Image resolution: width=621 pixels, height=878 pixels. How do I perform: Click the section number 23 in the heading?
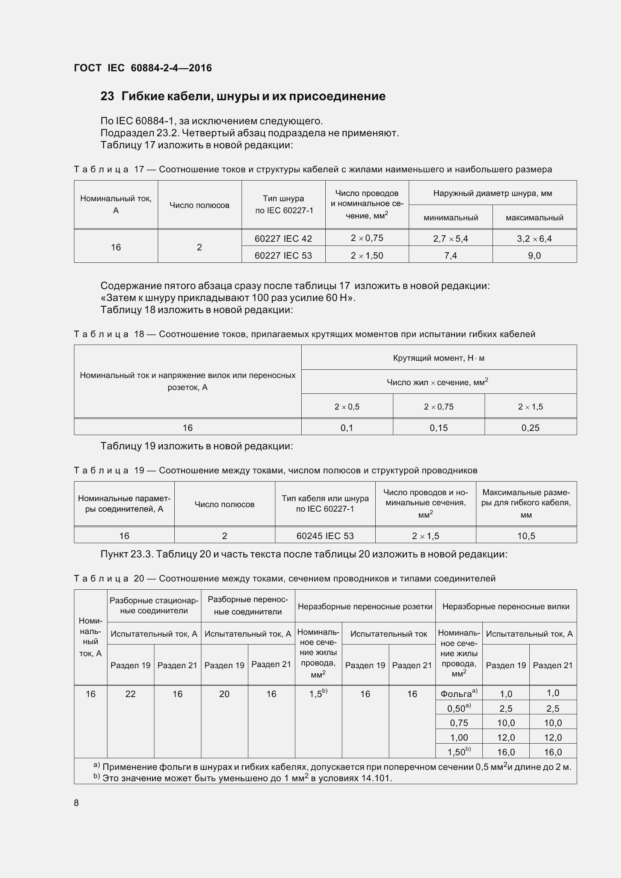click(107, 96)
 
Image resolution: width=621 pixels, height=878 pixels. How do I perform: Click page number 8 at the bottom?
click(76, 803)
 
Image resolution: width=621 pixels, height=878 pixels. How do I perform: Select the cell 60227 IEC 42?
click(283, 239)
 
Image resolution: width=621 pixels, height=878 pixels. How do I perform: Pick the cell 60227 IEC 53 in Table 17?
click(283, 256)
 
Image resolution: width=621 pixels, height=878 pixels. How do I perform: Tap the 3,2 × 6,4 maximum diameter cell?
click(534, 239)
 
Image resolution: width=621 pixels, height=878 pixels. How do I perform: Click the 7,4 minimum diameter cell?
click(450, 256)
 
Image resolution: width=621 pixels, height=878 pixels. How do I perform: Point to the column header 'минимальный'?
click(450, 218)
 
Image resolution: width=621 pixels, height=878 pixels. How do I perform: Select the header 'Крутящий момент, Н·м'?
click(438, 358)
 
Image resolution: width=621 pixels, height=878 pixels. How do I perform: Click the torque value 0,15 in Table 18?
click(438, 428)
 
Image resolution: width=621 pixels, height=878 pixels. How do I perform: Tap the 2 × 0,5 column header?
click(347, 407)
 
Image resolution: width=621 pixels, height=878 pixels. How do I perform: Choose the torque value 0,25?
click(530, 428)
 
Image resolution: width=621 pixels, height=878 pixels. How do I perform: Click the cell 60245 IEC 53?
click(325, 536)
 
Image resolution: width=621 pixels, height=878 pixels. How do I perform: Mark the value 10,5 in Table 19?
click(526, 536)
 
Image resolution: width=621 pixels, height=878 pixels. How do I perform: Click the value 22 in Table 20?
click(130, 694)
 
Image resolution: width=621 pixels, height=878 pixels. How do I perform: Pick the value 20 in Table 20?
click(224, 694)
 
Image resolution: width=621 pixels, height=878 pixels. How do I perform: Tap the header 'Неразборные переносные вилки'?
click(506, 606)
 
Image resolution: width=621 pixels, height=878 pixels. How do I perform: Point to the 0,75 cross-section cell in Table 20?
click(459, 723)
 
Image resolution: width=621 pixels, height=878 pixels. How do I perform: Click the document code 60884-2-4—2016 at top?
click(171, 68)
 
